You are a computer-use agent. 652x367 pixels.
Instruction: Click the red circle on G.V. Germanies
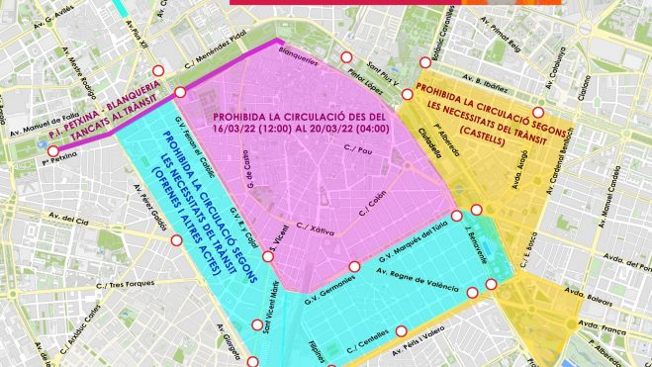click(x=354, y=266)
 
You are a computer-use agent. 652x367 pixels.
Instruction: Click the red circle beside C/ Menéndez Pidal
click(x=180, y=92)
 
